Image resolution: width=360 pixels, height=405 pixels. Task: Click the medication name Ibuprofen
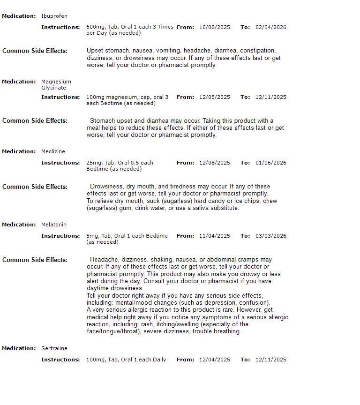pos(54,16)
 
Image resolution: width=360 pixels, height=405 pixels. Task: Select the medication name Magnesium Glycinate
pos(56,84)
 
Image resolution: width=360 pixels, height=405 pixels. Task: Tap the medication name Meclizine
pos(53,151)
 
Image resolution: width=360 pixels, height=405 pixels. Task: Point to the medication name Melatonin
pos(54,225)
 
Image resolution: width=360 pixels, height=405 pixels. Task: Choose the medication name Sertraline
pos(54,348)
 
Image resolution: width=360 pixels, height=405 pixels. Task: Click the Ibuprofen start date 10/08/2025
pos(215,27)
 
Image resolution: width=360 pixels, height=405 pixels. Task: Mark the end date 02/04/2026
pos(271,27)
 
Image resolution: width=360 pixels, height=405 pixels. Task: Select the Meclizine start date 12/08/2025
pos(215,163)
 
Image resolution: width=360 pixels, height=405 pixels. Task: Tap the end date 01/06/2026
pos(271,163)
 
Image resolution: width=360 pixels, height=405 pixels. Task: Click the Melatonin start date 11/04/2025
pos(215,236)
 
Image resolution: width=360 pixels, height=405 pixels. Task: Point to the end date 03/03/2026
pos(271,236)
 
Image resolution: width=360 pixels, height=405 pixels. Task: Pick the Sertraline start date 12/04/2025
pos(215,360)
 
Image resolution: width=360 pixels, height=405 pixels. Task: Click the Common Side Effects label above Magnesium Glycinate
pos(35,51)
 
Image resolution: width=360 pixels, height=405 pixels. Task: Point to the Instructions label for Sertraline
pos(60,360)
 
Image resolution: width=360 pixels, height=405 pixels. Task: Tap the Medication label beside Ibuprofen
pos(19,16)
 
